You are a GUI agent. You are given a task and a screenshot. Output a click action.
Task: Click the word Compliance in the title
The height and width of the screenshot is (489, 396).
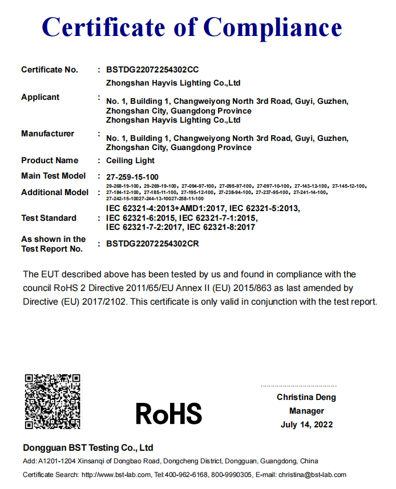pyautogui.click(x=273, y=27)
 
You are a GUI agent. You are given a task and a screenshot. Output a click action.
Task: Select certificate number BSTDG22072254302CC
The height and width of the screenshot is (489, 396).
pyautogui.click(x=152, y=70)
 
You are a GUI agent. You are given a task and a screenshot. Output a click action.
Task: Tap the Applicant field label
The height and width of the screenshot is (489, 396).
pyautogui.click(x=40, y=97)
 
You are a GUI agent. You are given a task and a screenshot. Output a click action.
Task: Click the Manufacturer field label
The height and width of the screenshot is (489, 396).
pyautogui.click(x=47, y=134)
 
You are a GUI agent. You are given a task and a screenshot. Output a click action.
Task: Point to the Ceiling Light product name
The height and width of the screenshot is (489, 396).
pyautogui.click(x=131, y=161)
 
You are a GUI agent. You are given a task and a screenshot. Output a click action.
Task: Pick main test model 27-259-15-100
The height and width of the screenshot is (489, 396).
pyautogui.click(x=132, y=176)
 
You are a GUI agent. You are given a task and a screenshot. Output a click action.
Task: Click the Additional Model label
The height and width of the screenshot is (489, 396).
pyautogui.click(x=55, y=192)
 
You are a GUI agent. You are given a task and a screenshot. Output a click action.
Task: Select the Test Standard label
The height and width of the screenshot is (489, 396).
pyautogui.click(x=49, y=218)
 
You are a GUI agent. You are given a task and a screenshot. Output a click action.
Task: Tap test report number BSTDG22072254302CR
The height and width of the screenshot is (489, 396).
pyautogui.click(x=152, y=243)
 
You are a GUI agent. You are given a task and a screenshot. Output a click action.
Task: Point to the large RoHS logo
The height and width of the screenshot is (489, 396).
pyautogui.click(x=169, y=414)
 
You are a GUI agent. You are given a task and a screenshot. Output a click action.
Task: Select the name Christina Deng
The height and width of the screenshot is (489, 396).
pyautogui.click(x=306, y=397)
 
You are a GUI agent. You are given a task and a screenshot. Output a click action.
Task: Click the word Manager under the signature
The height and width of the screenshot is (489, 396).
pyautogui.click(x=306, y=411)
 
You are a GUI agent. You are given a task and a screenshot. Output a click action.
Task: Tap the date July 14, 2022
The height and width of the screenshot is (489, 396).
pyautogui.click(x=306, y=425)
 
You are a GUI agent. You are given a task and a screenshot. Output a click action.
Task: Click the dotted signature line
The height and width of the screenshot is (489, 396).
pyautogui.click(x=298, y=386)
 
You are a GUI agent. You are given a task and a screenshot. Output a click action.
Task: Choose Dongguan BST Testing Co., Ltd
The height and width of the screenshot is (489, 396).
pyautogui.click(x=88, y=448)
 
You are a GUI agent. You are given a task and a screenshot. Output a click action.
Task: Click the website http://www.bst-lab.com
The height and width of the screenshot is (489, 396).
pyautogui.click(x=116, y=475)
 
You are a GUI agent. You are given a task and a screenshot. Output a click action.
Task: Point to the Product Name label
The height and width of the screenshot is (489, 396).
pyautogui.click(x=50, y=160)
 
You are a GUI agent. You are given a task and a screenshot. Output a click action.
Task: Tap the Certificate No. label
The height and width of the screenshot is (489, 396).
pyautogui.click(x=50, y=70)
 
